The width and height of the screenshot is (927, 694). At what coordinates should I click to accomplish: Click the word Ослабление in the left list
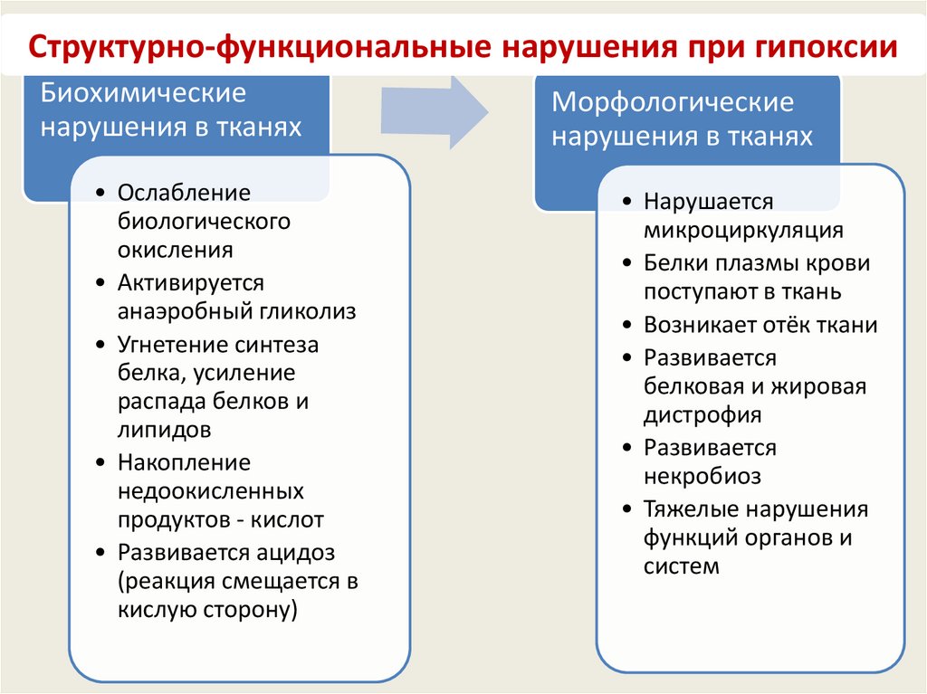pos(184,192)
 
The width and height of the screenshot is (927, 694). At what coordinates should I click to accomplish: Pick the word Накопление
pos(184,462)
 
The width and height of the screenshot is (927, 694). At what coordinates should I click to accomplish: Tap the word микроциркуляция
pos(743,230)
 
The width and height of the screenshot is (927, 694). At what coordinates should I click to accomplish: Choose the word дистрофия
pos(702,415)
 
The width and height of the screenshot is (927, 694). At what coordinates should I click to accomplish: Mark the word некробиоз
pos(702,476)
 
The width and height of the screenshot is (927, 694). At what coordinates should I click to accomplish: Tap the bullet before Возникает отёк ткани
pos(626,325)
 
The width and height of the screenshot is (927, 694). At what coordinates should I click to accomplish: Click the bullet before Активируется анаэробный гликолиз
pos(99,283)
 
